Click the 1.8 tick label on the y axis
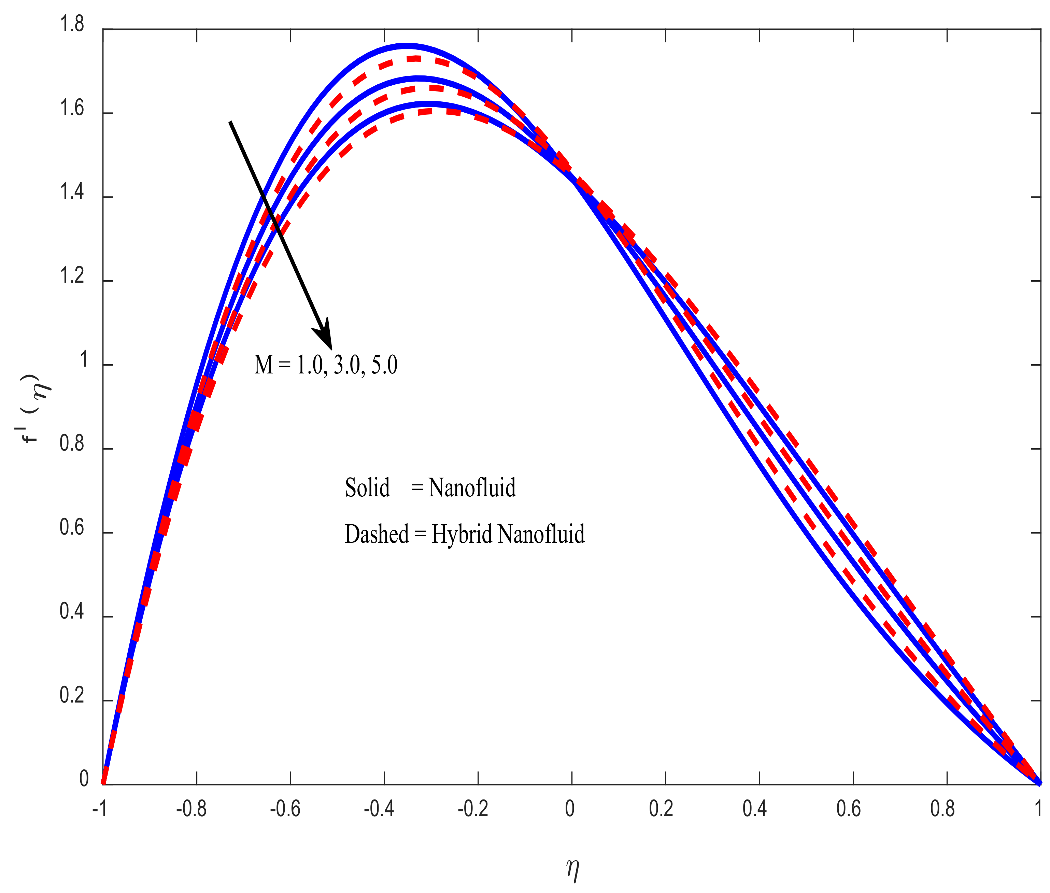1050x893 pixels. [72, 24]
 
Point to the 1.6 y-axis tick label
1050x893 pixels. [72, 108]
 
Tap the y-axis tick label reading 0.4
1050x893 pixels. [72, 611]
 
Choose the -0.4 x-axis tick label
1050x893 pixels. [379, 809]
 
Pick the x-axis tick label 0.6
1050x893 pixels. [849, 809]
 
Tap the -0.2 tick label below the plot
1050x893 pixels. [473, 809]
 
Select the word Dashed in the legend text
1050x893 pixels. [377, 534]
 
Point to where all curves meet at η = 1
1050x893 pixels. [1040, 784]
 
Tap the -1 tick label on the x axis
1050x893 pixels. [100, 809]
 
